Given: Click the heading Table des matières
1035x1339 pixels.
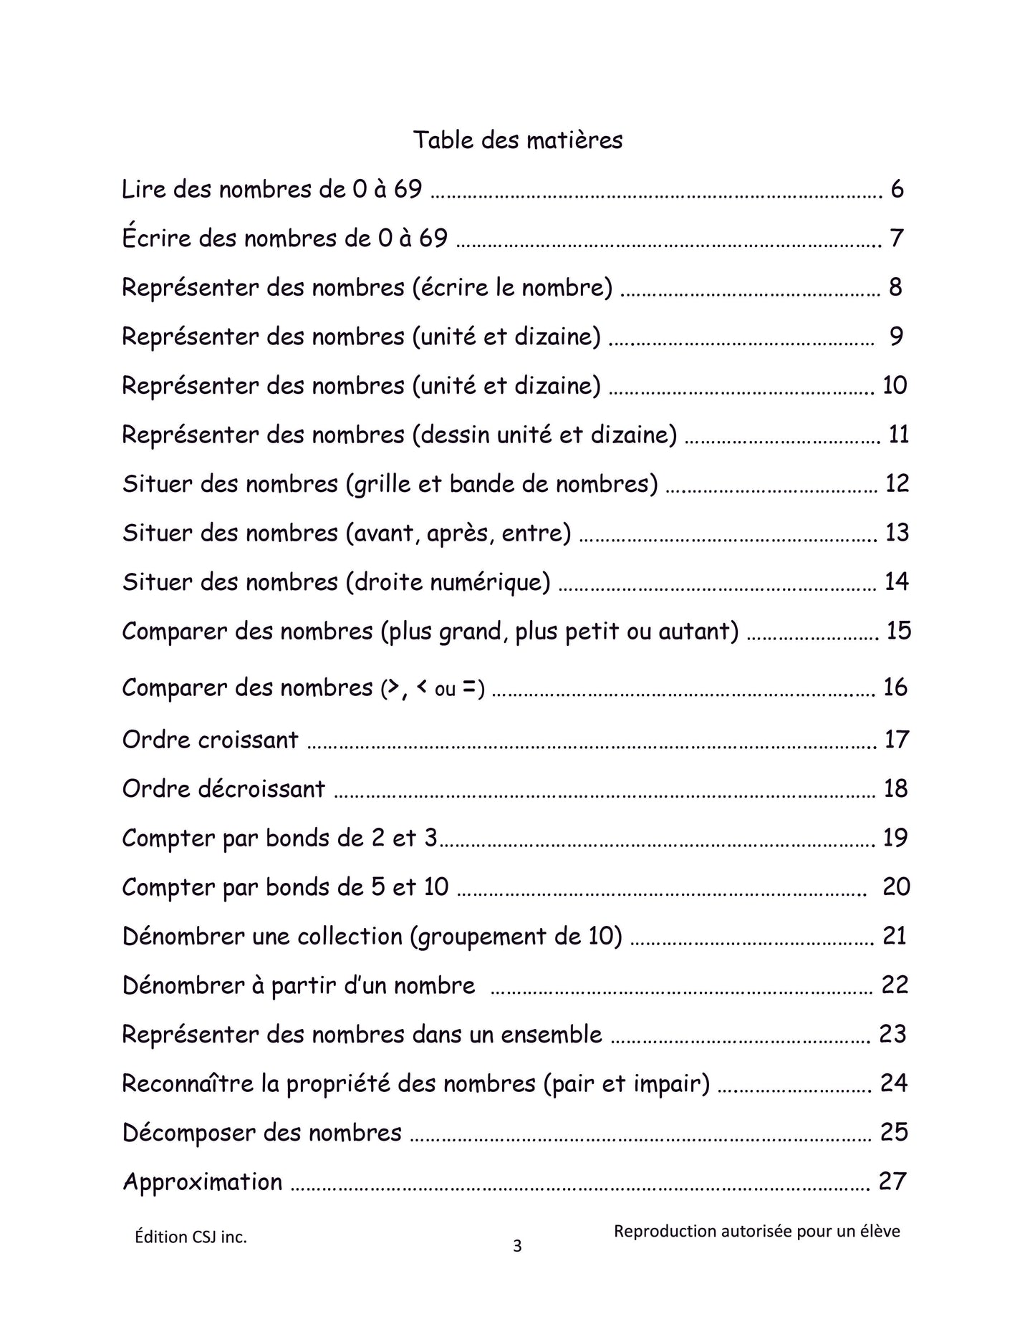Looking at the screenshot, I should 517,140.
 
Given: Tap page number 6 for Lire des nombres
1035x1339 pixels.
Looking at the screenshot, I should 897,190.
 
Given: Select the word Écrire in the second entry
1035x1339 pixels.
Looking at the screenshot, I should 157,238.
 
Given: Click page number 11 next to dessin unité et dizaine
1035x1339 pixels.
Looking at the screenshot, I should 898,435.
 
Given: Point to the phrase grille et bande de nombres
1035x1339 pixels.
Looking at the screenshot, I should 501,484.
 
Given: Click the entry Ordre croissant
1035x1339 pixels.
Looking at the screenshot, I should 210,740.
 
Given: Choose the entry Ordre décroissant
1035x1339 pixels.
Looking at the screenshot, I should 223,789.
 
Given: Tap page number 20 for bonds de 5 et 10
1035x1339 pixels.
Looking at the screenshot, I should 896,887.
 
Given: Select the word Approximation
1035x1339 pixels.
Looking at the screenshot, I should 203,1182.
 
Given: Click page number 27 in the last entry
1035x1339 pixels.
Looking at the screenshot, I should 892,1181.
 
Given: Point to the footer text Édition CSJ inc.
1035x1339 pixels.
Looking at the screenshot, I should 191,1237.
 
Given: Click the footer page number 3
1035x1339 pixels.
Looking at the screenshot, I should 517,1247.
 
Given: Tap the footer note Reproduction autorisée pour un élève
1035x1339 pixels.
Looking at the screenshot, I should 756,1232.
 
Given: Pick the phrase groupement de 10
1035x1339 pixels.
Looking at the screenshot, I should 516,937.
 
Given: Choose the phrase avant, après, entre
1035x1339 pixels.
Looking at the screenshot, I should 458,533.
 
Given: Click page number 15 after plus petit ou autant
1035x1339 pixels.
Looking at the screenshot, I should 898,631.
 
